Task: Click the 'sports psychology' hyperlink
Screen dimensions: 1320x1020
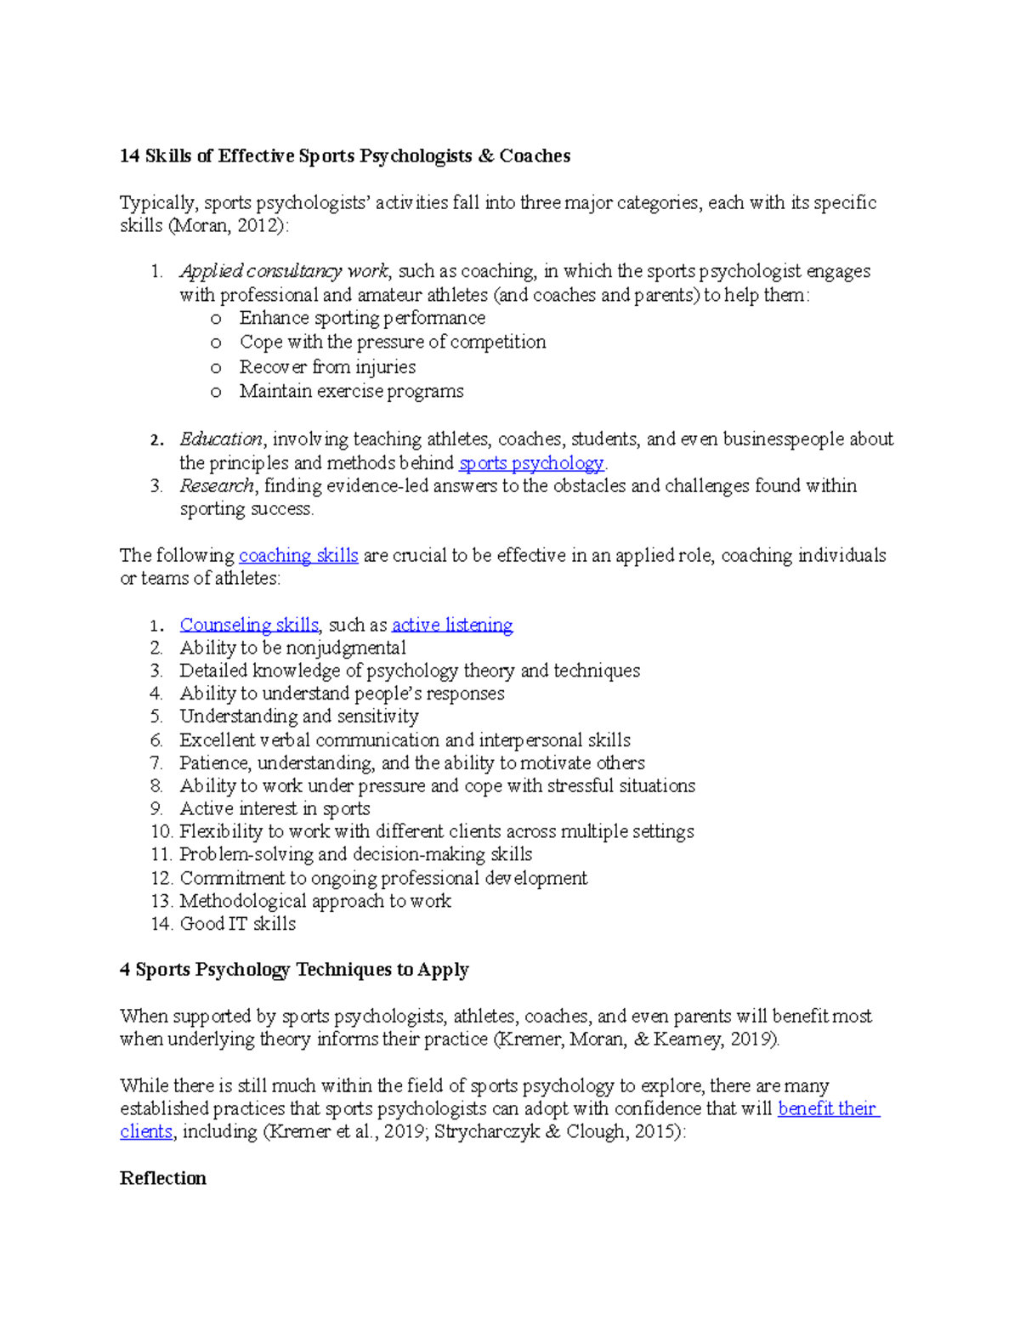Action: [x=531, y=463]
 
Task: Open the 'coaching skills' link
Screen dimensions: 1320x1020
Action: [x=298, y=556]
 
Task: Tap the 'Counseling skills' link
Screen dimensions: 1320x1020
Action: [x=249, y=625]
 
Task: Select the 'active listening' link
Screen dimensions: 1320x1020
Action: [x=452, y=625]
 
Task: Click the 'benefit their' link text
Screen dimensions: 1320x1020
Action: [x=828, y=1108]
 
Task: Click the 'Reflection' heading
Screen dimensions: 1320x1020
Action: [x=163, y=1178]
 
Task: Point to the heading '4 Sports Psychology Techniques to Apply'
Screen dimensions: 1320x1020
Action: [x=294, y=970]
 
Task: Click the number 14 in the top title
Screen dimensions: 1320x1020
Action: [x=129, y=156]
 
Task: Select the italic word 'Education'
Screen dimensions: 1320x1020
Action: [x=221, y=439]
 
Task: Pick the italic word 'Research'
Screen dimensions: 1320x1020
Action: [x=217, y=486]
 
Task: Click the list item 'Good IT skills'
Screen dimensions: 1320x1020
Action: [x=238, y=924]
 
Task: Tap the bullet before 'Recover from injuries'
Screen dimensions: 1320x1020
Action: [x=216, y=368]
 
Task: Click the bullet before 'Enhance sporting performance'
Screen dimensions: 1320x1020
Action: [x=216, y=319]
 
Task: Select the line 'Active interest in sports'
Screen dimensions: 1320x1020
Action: [x=275, y=808]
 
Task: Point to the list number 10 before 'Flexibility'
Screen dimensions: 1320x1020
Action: [x=161, y=831]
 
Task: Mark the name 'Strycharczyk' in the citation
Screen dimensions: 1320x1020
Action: [x=486, y=1132]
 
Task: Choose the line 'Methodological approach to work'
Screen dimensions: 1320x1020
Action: [x=315, y=901]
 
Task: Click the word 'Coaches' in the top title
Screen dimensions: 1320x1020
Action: [x=535, y=156]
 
